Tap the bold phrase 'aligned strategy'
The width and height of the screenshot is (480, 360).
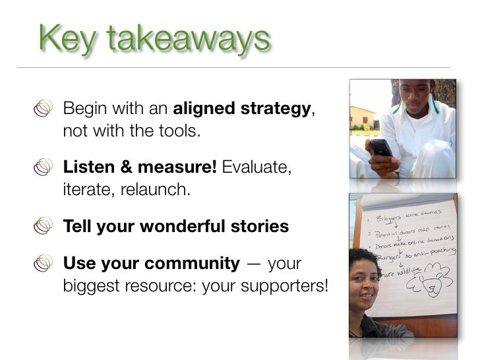[x=241, y=109]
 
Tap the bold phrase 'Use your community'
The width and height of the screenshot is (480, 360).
[x=151, y=264]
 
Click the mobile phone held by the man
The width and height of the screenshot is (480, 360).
[x=380, y=147]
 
